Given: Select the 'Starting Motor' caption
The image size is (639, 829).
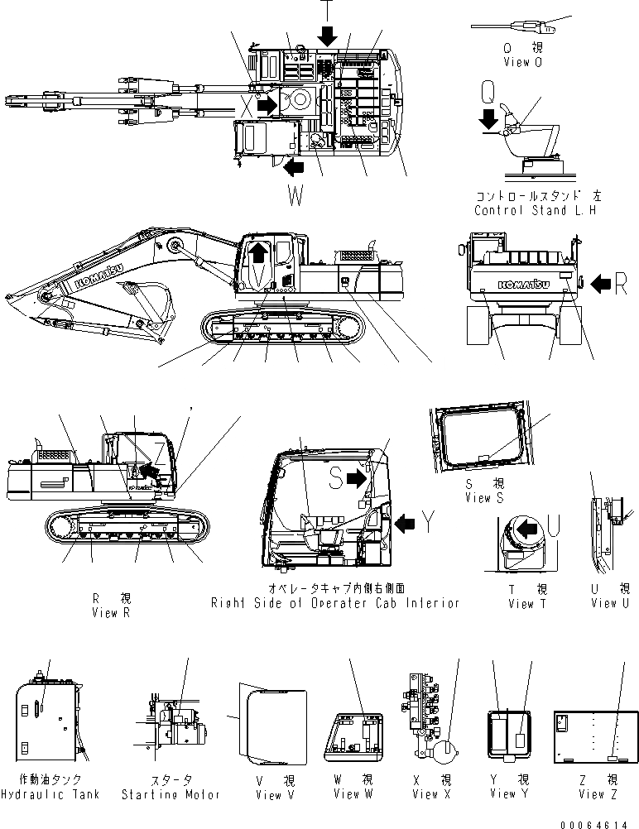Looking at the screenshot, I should (x=171, y=794).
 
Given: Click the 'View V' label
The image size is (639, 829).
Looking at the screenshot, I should (x=269, y=794).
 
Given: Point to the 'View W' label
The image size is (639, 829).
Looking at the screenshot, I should (x=353, y=794).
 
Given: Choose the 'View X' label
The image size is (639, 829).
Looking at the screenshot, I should (x=430, y=794).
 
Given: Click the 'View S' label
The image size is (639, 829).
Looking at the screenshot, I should (x=484, y=498).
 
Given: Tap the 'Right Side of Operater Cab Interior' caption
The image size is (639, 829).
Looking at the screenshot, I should (x=334, y=603).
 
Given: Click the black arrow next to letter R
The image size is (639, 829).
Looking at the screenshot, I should (x=599, y=285).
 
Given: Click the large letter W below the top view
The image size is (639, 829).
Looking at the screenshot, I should (x=296, y=196).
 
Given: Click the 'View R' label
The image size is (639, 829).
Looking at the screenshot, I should (x=111, y=613).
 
